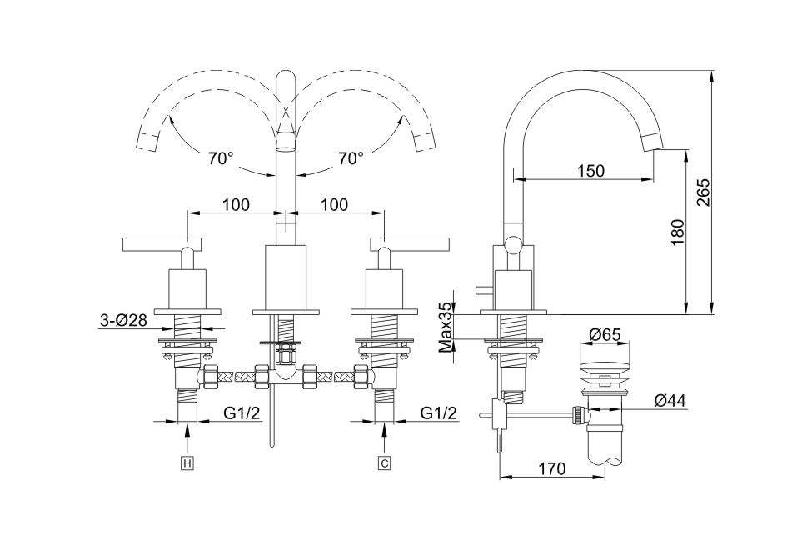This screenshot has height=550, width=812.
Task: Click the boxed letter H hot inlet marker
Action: click(187, 462)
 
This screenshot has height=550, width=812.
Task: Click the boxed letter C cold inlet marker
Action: click(384, 462)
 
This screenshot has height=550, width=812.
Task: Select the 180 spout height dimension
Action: click(676, 231)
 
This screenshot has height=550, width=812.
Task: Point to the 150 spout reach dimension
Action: click(590, 171)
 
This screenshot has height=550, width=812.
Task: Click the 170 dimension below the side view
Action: click(551, 469)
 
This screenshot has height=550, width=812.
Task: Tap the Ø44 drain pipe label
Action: click(670, 400)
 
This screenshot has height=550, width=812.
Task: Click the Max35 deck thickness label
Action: click(446, 327)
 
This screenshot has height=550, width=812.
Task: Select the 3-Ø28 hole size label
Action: click(123, 319)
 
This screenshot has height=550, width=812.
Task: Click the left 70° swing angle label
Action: click(221, 158)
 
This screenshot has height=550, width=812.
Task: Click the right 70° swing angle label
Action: click(351, 158)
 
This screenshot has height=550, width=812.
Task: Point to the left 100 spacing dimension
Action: click(237, 204)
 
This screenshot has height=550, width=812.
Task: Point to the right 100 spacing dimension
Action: click(334, 204)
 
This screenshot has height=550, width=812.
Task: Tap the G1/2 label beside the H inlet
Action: click(242, 412)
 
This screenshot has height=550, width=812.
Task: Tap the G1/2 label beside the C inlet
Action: click(439, 412)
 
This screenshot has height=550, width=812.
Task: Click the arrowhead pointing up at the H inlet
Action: click(187, 430)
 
